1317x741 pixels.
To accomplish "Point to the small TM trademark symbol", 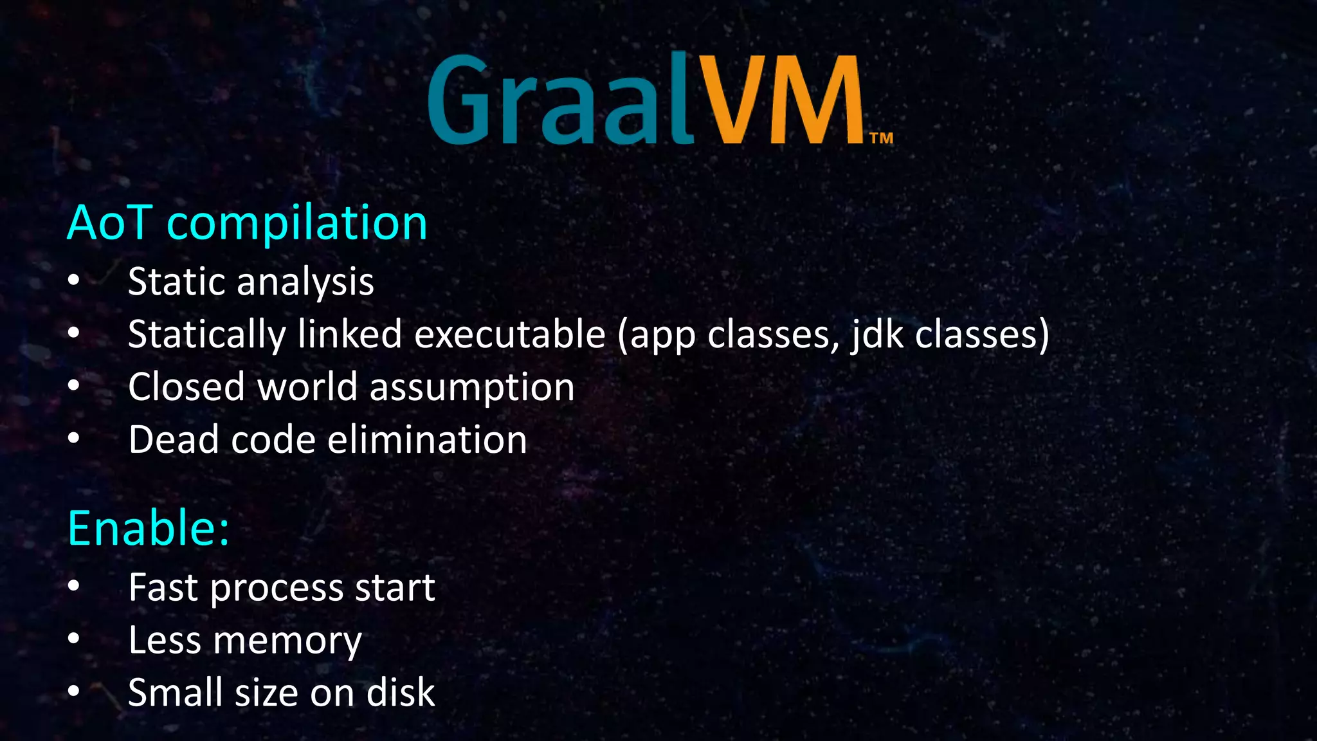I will click(x=881, y=138).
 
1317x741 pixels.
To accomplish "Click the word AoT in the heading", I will click(x=110, y=223).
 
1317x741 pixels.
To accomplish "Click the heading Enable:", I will click(x=149, y=528).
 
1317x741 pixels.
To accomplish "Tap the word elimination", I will click(x=427, y=439).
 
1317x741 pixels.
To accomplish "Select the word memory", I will click(x=287, y=641).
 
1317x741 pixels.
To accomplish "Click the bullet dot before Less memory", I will click(x=74, y=639).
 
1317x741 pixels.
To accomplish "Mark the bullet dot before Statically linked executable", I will click(x=74, y=333).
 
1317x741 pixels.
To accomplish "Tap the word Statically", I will click(x=206, y=335).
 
